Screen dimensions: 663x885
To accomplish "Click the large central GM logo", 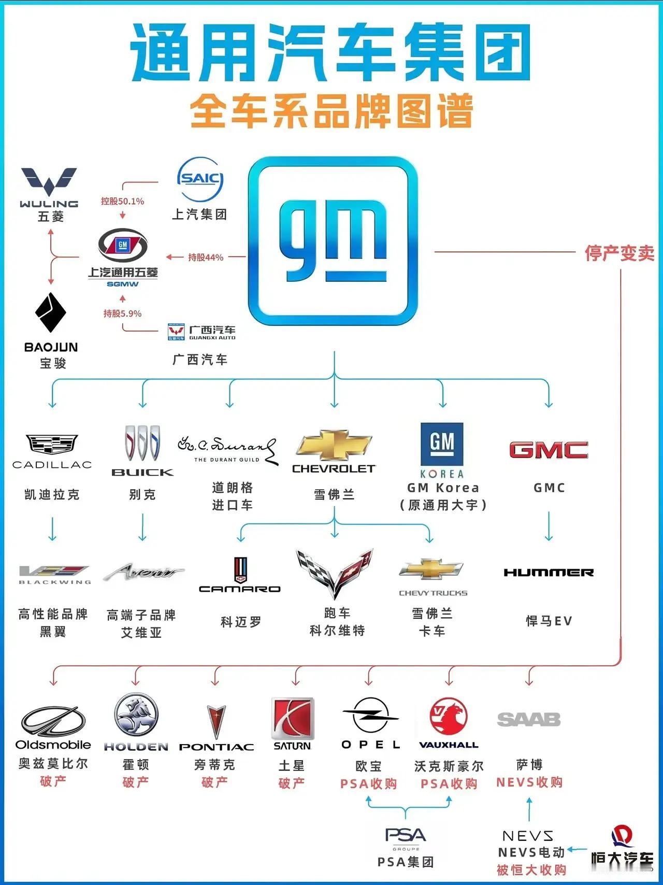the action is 333,241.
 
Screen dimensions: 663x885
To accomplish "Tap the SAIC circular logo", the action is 200,179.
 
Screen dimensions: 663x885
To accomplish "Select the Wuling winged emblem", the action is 49,182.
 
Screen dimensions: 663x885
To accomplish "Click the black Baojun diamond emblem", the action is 51,312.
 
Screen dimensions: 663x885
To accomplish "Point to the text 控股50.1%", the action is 123,201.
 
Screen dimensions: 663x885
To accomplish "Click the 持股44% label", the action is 206,257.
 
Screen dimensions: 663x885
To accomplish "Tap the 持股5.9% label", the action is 122,313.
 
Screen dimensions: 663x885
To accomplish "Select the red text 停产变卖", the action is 619,253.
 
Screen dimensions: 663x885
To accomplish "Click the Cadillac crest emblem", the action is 52,445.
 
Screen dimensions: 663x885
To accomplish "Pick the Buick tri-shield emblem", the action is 142,443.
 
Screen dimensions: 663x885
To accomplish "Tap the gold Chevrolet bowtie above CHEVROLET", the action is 334,445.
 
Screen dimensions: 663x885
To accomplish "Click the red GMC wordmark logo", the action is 549,450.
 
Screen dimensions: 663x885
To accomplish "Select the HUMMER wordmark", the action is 549,573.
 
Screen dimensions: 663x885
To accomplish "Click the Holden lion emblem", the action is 136,716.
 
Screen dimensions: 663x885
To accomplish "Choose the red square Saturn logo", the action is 293,718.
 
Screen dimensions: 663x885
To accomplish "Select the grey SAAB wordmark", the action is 529,719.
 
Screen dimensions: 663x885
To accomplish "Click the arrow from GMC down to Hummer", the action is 549,526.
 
